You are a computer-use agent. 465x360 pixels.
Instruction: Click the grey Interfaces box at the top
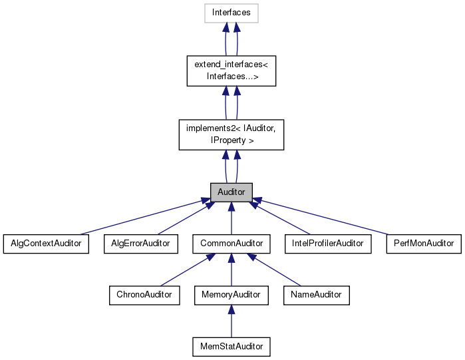[231, 13]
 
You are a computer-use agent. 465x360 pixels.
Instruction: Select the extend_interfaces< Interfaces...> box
[231, 70]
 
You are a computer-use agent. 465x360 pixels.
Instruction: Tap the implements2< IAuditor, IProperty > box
[231, 134]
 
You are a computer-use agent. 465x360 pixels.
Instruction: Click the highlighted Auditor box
[231, 192]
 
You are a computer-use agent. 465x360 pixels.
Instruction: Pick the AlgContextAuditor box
[46, 244]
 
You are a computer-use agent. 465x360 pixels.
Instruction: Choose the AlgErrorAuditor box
[140, 244]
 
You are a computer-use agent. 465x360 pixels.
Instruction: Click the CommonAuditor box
[231, 244]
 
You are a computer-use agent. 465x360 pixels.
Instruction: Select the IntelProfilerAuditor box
[327, 244]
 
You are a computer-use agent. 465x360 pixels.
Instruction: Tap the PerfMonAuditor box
[424, 244]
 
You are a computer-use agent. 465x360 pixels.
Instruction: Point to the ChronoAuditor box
[144, 295]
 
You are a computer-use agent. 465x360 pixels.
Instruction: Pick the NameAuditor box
[316, 295]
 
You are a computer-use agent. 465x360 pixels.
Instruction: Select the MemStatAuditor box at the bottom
[231, 346]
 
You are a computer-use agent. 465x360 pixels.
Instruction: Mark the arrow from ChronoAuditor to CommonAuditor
[186, 270]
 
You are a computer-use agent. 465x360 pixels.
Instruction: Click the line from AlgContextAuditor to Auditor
[140, 217]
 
